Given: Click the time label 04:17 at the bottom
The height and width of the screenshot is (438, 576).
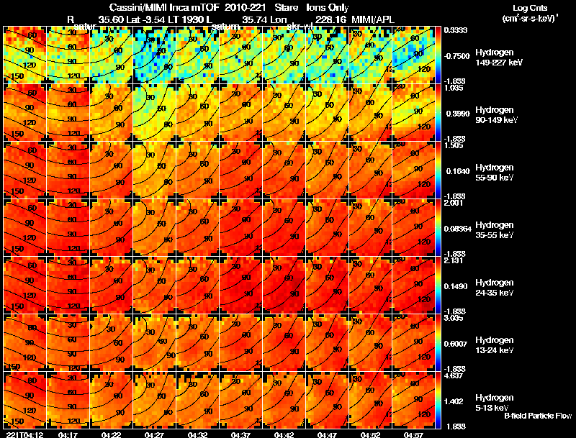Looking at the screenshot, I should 68,434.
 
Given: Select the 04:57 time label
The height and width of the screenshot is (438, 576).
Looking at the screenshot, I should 413,434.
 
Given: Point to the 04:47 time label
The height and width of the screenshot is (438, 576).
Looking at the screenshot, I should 327,434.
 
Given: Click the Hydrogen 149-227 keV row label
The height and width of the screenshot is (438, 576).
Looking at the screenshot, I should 498,58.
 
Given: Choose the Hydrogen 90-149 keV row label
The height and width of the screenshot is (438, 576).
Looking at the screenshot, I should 498,115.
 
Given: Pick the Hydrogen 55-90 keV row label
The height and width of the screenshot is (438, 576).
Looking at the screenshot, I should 498,173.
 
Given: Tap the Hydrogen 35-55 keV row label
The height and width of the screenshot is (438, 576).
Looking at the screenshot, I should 498,230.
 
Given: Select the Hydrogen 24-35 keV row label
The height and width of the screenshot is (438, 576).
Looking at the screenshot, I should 498,288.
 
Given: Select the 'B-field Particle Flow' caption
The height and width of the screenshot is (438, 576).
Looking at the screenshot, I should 538,416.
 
